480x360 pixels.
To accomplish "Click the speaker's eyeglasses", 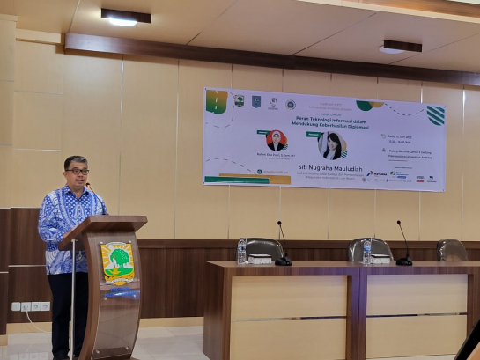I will pyautogui.click(x=77, y=171).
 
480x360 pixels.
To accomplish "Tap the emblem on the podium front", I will pyautogui.click(x=117, y=261).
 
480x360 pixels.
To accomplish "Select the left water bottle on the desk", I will pyautogui.click(x=241, y=251).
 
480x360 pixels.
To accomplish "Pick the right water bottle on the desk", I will pyautogui.click(x=367, y=252).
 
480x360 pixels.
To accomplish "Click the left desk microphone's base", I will pyautogui.click(x=283, y=261).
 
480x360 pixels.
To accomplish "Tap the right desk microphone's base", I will pyautogui.click(x=403, y=261).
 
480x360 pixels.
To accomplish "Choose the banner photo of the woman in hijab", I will pyautogui.click(x=277, y=140).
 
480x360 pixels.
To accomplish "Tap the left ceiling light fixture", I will pyautogui.click(x=124, y=17).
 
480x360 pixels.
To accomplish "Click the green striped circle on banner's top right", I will pyautogui.click(x=435, y=115).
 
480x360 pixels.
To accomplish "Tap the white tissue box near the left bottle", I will pyautogui.click(x=262, y=260).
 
